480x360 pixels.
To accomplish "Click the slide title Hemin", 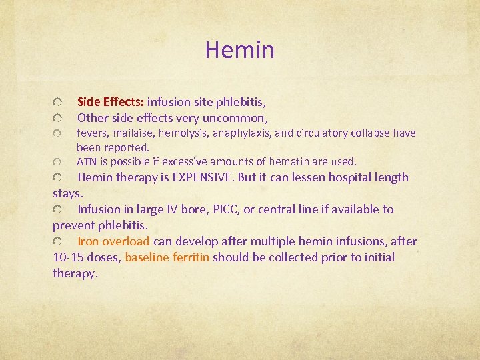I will coord(239,49).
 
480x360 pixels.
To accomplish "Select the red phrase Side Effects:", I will coord(111,102).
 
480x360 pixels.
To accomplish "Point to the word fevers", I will coord(92,133).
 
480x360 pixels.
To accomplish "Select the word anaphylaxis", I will coord(241,133).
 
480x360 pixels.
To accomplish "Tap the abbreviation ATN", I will coord(87,161).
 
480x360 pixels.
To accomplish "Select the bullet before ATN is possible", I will coord(59,162).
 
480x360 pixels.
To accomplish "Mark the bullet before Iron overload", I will coord(59,241).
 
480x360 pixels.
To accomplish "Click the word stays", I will coord(68,193).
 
